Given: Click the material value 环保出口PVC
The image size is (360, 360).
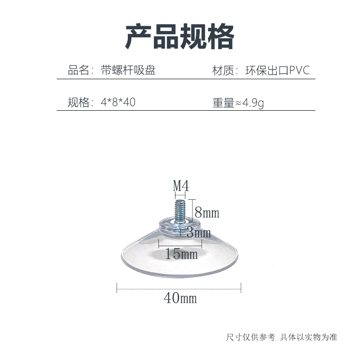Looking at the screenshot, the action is coord(278,71).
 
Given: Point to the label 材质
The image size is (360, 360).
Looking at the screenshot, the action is coord(222,71).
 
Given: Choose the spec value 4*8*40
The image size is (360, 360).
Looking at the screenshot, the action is coord(119,103).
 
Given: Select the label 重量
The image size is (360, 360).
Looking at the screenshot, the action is coord(223,103).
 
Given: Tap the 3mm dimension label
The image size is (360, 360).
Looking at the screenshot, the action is coord(198,233).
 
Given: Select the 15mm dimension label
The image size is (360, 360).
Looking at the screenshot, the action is coord(181,254).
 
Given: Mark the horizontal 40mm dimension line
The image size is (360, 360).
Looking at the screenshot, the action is coord(179,287).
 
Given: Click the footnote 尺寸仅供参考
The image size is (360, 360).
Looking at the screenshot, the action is coord(250,337).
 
